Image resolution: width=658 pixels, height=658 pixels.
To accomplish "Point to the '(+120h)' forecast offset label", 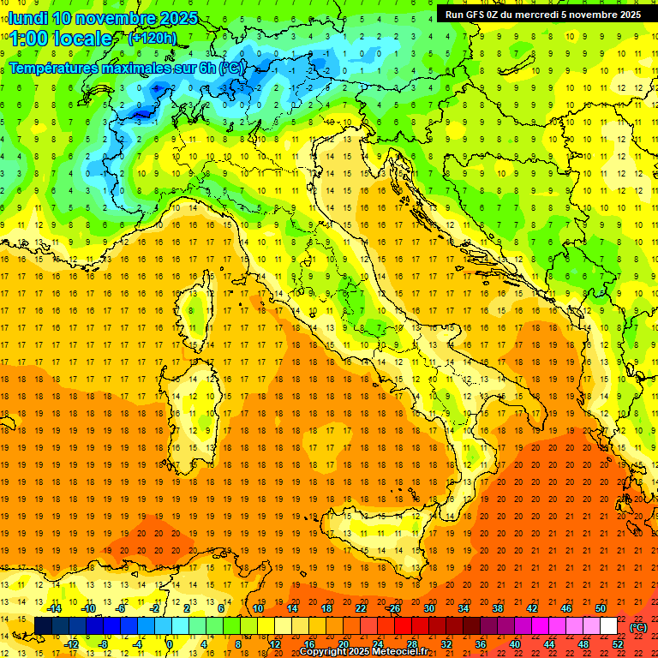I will click(152, 38).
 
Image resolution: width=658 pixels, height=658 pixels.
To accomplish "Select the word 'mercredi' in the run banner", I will click(538, 14).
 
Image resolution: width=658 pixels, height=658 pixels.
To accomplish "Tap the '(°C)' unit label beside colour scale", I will click(637, 627).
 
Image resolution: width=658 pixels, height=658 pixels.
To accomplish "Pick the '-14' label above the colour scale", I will click(53, 608).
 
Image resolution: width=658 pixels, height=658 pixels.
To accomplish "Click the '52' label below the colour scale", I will click(618, 643).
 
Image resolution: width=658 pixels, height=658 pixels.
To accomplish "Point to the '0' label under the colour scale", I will click(170, 643).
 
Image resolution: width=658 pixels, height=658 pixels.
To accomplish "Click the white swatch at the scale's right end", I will click(608, 626).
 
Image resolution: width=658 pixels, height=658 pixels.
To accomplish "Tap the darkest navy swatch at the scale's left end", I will click(43, 626).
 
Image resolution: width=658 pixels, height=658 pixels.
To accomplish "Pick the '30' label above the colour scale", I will click(428, 608).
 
